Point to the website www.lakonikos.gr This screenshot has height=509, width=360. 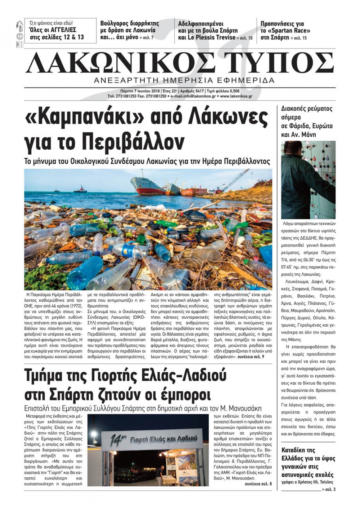(x=236, y=96)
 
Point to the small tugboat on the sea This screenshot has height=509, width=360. (x=80, y=188)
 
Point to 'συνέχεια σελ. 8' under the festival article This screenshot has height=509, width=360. (x=258, y=484)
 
